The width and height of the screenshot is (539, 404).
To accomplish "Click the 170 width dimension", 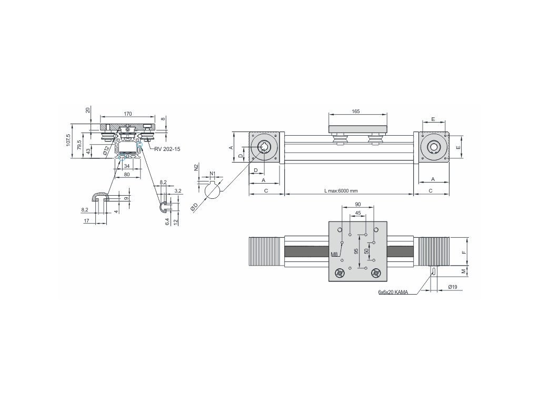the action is point(128,114).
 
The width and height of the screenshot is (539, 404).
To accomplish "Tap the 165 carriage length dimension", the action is point(355,112).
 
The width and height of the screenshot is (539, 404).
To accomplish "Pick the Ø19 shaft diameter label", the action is point(452,287).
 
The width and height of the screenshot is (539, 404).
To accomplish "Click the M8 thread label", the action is point(334,254).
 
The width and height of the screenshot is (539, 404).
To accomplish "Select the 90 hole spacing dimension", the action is point(358,204).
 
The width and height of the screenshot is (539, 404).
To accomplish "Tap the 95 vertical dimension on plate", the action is point(356,251).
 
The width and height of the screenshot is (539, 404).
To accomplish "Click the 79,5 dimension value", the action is point(79,145).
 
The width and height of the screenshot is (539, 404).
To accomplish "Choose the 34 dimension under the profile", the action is point(127,166).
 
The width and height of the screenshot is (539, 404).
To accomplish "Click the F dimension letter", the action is point(464,252).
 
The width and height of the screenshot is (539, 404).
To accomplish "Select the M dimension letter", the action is point(464,272).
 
